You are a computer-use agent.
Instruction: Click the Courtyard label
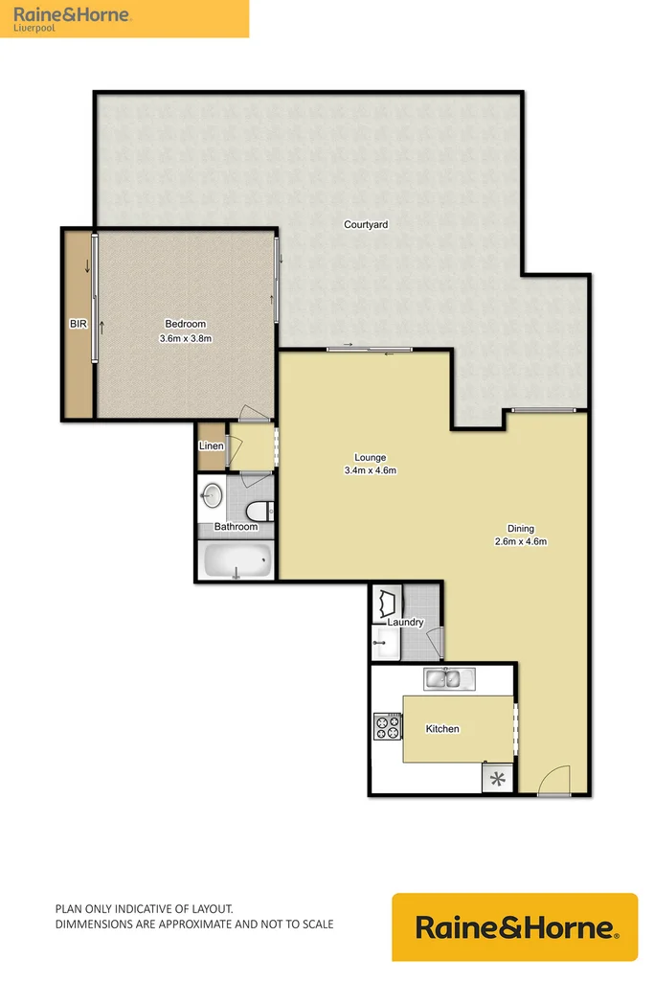point(366,224)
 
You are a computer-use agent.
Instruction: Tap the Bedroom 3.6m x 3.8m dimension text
point(185,338)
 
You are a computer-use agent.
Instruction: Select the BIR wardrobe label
point(78,325)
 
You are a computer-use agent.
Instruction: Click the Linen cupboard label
point(211,446)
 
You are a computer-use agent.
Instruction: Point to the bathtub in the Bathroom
point(237,559)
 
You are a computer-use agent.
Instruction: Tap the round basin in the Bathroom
point(213,495)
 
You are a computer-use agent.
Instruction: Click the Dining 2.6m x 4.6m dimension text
point(520,541)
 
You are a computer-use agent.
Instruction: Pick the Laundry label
point(406,623)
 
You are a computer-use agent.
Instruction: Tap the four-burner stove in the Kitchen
point(387,727)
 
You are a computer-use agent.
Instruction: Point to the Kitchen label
point(442,729)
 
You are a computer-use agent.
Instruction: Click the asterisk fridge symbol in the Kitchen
point(496,778)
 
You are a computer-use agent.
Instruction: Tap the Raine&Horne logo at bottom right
point(514,927)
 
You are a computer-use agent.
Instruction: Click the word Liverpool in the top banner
point(34,28)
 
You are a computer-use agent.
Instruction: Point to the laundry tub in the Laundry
point(389,604)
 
